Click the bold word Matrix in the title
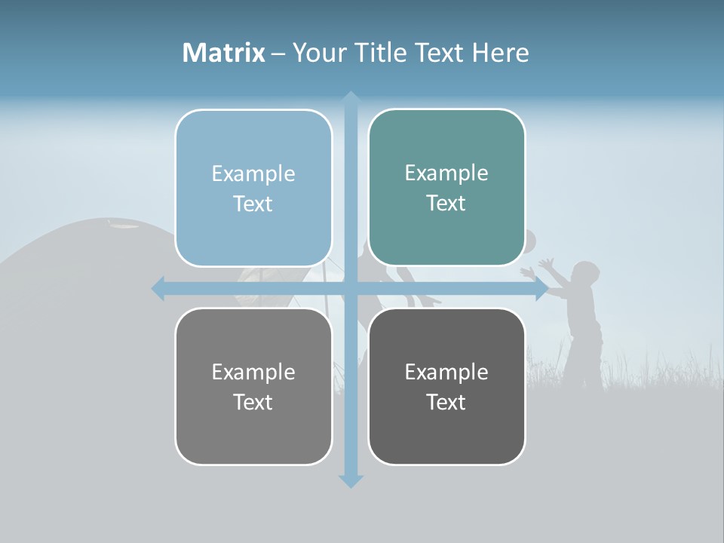[224, 53]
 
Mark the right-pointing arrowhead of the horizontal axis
[541, 289]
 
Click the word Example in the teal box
[446, 173]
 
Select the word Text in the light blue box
[253, 204]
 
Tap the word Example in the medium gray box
[253, 372]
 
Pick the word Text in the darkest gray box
[446, 403]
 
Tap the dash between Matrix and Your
[278, 53]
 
